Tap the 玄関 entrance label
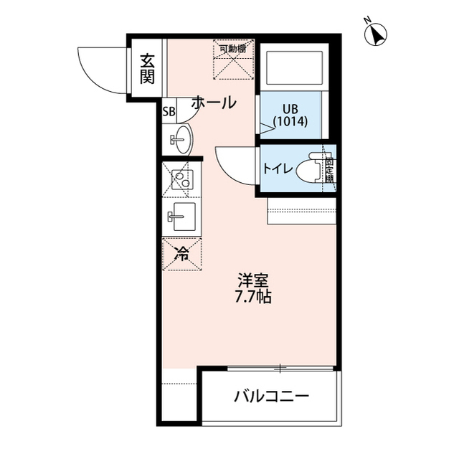coord(147,68)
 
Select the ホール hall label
coord(213,103)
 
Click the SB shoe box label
coord(169,111)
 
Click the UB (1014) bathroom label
coord(290,115)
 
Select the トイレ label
coord(277,170)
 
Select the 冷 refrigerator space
coord(182,252)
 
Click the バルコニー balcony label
coord(272,396)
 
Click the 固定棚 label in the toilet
coord(329,170)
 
